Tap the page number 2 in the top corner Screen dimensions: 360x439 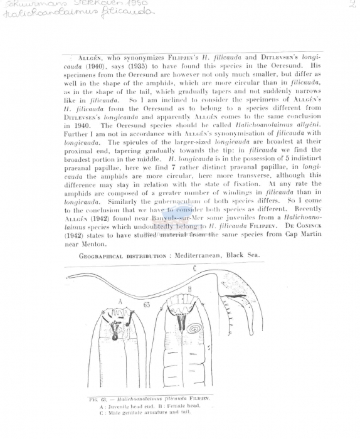pos(352,4)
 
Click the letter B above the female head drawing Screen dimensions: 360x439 pos(189,288)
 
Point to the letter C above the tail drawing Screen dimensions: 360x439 pos(194,268)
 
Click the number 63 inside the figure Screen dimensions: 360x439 pos(146,305)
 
